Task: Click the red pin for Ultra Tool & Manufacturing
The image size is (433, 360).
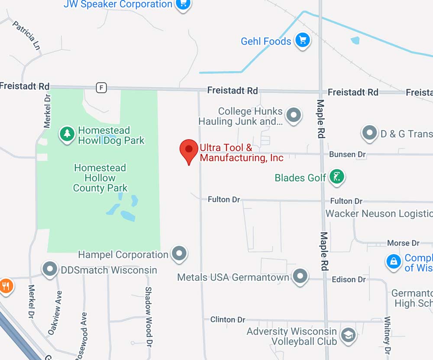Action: pyautogui.click(x=189, y=150)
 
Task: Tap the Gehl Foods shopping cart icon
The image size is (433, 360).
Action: pyautogui.click(x=302, y=41)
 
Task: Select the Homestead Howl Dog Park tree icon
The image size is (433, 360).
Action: pyautogui.click(x=67, y=134)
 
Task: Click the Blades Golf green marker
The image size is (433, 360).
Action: pyautogui.click(x=337, y=177)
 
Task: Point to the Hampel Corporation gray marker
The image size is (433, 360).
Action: pyautogui.click(x=179, y=253)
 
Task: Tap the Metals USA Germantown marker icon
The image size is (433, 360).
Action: pyautogui.click(x=300, y=276)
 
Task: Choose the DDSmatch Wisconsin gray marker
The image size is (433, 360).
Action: pyautogui.click(x=50, y=269)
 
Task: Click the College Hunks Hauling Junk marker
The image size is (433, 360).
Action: pyautogui.click(x=294, y=115)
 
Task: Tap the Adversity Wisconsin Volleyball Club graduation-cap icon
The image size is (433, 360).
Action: pyautogui.click(x=348, y=334)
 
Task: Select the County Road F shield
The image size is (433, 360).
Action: pyautogui.click(x=101, y=88)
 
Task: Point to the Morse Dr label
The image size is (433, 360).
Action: pyautogui.click(x=403, y=243)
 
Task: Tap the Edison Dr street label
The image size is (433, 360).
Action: pyautogui.click(x=349, y=279)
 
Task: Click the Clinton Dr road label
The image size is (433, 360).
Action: pyautogui.click(x=228, y=320)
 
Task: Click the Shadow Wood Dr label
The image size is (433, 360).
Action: pyautogui.click(x=149, y=311)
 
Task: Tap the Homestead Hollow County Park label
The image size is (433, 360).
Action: pyautogui.click(x=100, y=178)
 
